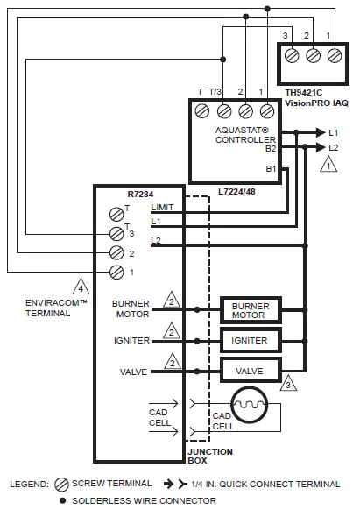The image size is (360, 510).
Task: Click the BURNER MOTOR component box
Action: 249,309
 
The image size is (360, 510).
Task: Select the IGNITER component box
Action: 249,340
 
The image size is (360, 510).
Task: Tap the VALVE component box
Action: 249,372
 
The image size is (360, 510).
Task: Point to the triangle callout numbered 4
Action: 81,285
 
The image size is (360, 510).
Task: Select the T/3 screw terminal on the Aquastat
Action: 223,110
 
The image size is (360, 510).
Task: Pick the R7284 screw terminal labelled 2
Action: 115,252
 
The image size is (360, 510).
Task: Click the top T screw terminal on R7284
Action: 115,213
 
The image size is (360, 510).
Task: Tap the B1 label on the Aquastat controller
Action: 272,168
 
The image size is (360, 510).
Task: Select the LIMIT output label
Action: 163,207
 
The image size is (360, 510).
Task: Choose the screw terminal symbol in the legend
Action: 60,483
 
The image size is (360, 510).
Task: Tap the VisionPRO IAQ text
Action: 317,103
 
